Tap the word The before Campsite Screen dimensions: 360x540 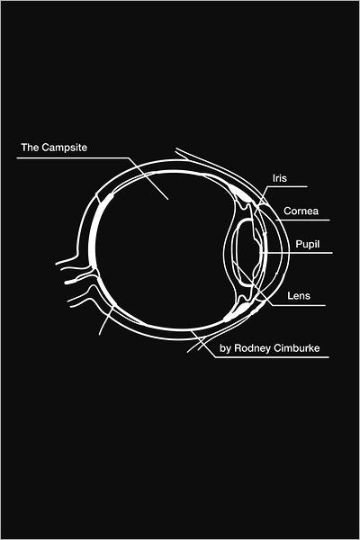tap(30, 148)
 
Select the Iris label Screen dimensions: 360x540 tap(279, 178)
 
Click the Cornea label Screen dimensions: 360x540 tap(301, 211)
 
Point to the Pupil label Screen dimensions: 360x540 tap(308, 244)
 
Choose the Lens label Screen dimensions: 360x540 tap(299, 295)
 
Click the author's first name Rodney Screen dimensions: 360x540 tap(252, 348)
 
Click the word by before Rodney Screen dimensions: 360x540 tap(225, 348)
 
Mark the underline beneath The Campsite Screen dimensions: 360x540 tap(73, 158)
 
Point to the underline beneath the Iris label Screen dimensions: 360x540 tap(286, 187)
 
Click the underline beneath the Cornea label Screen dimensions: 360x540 tap(303, 220)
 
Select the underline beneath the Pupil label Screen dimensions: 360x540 tap(299, 253)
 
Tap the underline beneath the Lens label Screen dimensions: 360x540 tap(298, 305)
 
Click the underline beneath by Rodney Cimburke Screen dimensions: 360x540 tap(272, 357)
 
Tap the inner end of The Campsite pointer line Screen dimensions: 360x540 tap(167, 199)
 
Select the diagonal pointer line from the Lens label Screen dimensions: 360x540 tap(252, 283)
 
